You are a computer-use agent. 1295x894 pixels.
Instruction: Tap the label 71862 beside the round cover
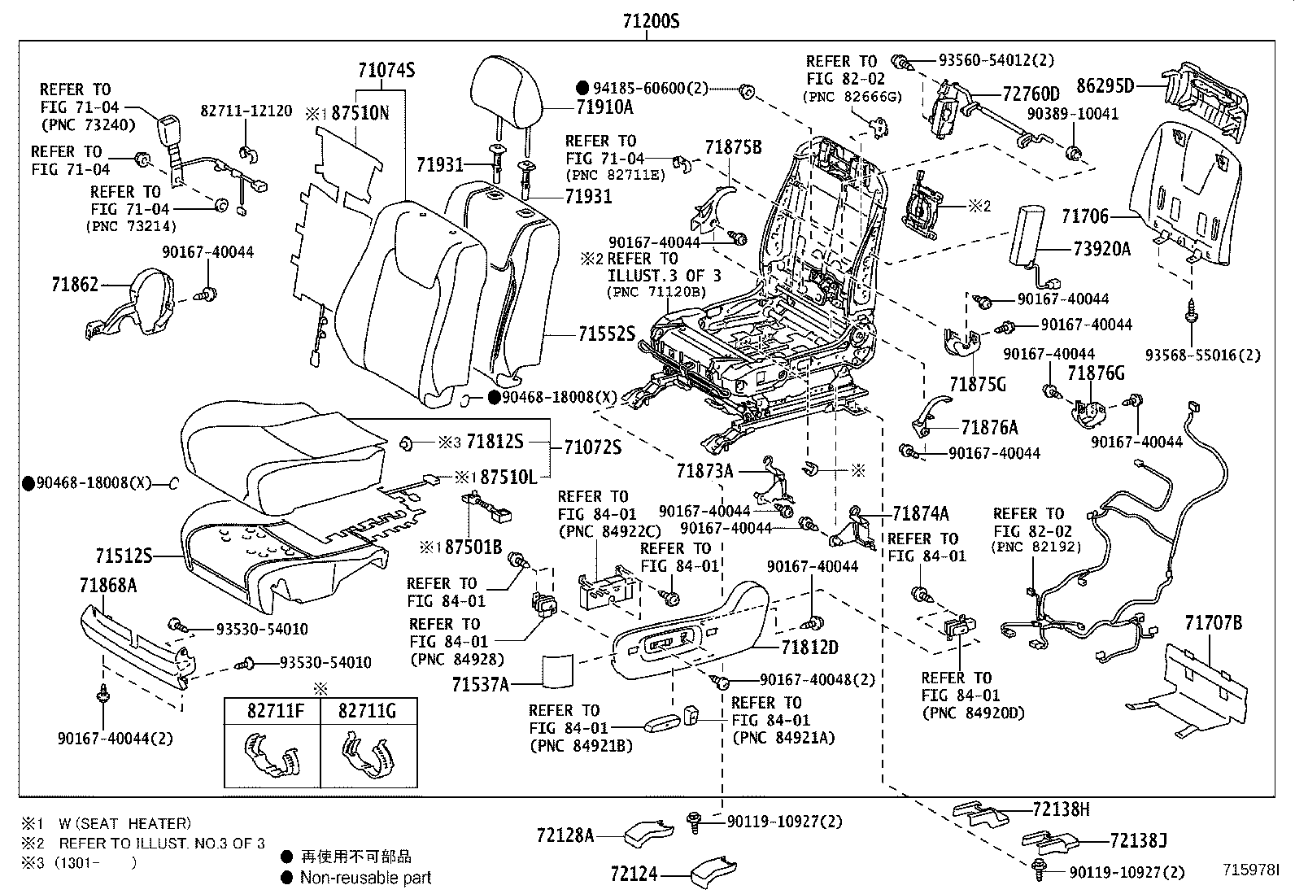coord(75,284)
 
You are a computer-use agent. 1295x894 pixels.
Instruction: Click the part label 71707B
coord(1213,623)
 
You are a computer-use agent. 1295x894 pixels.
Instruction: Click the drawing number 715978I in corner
coord(1251,870)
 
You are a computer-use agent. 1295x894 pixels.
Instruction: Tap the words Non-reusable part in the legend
coord(365,877)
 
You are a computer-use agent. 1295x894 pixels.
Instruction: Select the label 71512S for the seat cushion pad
coord(124,556)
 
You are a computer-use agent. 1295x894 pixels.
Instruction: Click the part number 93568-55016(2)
coord(1203,355)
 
